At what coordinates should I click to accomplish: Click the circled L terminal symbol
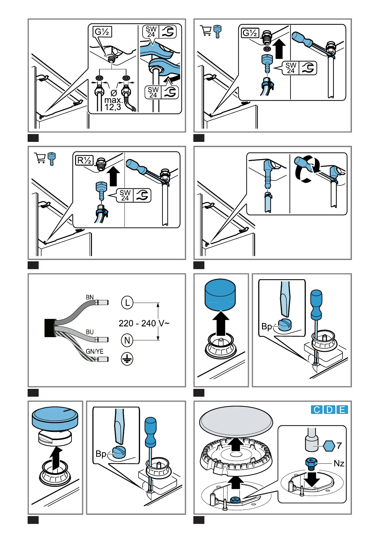(127, 303)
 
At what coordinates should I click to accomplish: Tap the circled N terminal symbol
(127, 340)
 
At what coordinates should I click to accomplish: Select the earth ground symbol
(127, 359)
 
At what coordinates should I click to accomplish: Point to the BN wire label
(90, 297)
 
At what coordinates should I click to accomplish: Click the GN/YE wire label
(95, 351)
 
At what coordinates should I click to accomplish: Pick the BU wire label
(90, 332)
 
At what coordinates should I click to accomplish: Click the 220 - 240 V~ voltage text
(144, 323)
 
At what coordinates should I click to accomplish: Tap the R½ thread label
(84, 160)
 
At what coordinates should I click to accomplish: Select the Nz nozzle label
(339, 463)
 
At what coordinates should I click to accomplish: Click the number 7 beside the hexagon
(339, 445)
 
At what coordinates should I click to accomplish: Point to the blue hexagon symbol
(329, 446)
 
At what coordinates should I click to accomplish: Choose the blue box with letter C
(316, 409)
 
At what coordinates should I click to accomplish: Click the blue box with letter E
(342, 409)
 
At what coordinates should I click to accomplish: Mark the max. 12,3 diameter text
(113, 103)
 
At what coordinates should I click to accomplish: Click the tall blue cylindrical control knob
(220, 295)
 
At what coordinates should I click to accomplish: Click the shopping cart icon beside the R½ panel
(40, 158)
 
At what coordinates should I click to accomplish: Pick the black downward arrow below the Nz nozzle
(312, 478)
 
